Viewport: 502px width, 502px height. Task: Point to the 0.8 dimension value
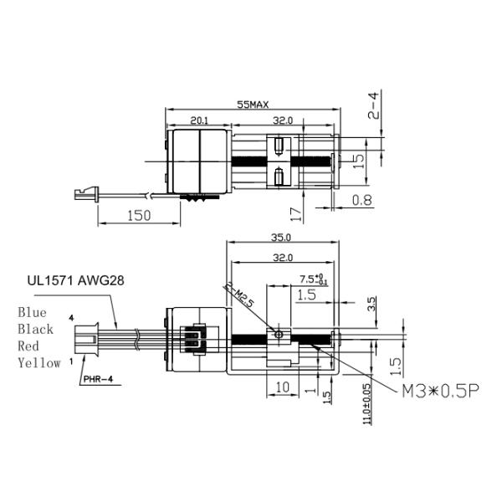tap(363, 199)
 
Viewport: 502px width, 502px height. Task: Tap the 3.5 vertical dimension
tap(372, 302)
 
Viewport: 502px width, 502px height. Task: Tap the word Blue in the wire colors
tap(33, 312)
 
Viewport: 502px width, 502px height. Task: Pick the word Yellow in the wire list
tap(38, 363)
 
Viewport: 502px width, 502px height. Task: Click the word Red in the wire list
tap(28, 346)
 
